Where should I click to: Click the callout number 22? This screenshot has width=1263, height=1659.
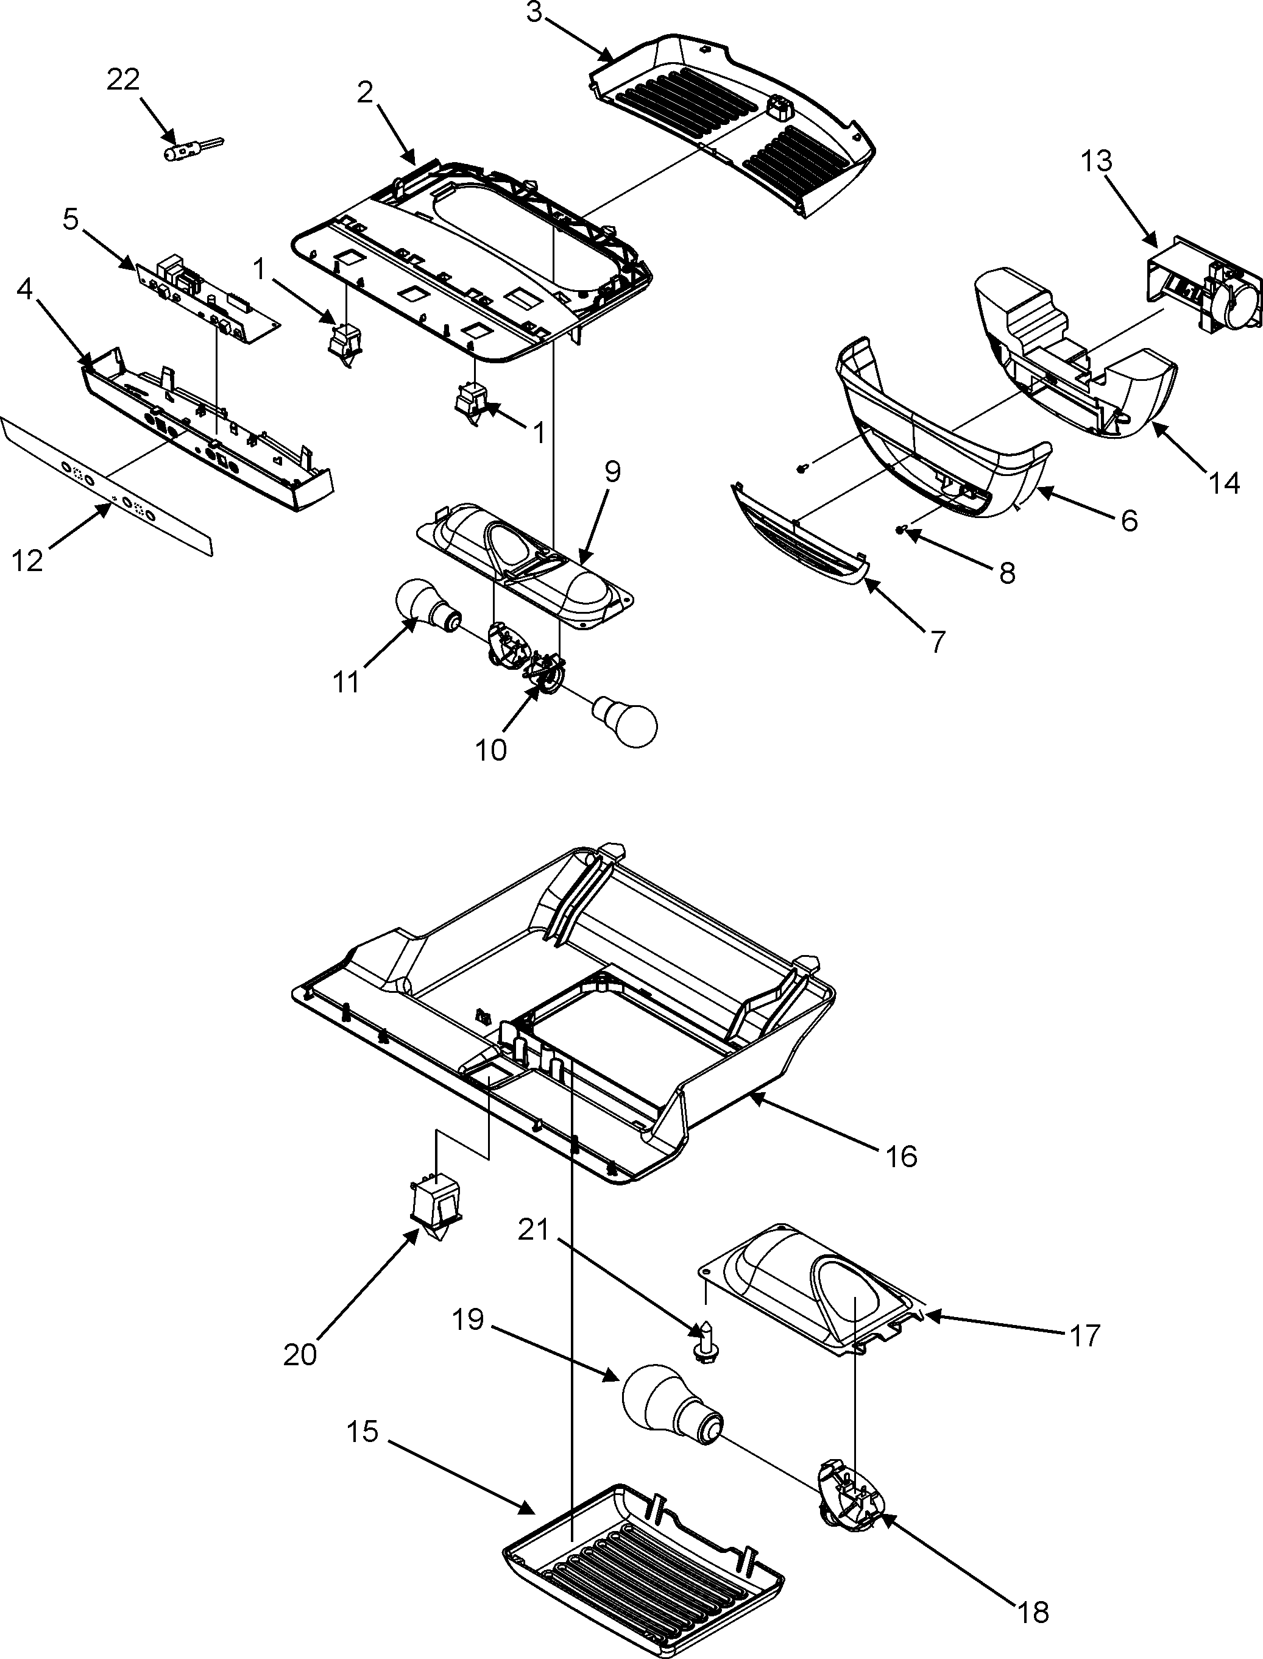point(123,80)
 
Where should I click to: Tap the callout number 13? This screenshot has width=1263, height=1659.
point(1097,161)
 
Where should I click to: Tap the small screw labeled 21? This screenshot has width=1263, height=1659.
point(705,1350)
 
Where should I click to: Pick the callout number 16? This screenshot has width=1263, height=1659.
point(901,1157)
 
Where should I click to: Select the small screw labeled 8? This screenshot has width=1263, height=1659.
point(900,531)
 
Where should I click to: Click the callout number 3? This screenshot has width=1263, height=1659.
point(534,14)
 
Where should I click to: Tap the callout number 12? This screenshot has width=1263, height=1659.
point(28,560)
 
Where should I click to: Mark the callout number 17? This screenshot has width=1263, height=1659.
point(1083,1335)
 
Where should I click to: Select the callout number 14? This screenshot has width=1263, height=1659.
point(1225,483)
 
